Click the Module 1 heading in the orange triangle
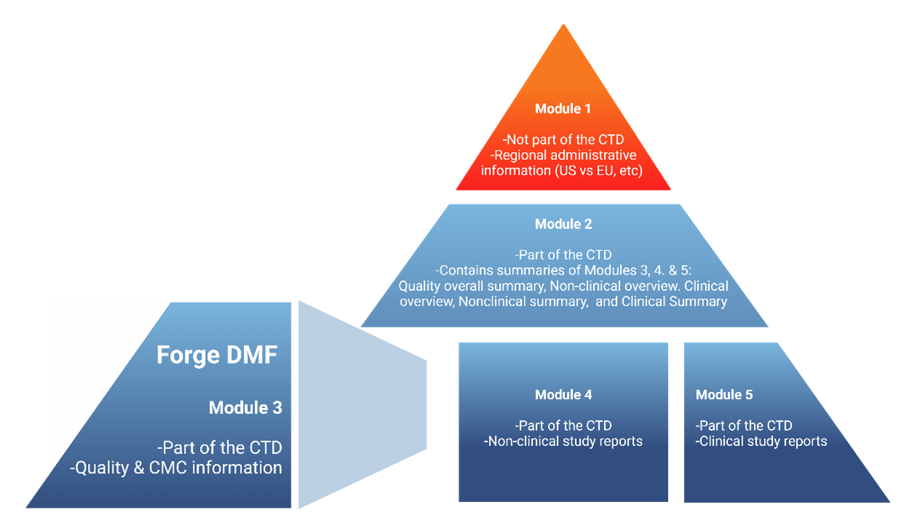[x=563, y=109]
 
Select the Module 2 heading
[x=563, y=224]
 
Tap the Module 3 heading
[x=245, y=408]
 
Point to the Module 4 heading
[x=563, y=395]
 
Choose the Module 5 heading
[x=724, y=395]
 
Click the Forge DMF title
[x=218, y=355]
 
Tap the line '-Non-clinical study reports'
[x=563, y=441]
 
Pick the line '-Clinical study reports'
[x=761, y=441]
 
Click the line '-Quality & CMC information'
[x=175, y=468]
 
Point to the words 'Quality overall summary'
[x=453, y=286]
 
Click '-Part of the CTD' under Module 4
[x=563, y=426]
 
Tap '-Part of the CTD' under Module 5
[x=744, y=426]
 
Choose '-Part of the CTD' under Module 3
[x=219, y=447]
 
